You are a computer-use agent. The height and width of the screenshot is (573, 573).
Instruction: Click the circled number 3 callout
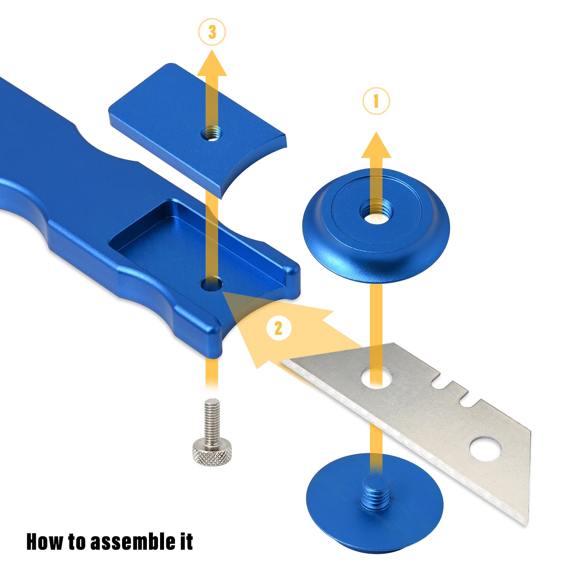tap(212, 32)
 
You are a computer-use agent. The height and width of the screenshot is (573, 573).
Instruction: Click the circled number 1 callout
tap(376, 101)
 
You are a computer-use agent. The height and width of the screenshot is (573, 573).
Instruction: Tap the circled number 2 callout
tap(278, 328)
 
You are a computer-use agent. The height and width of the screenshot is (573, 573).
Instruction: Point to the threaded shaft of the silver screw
tap(211, 421)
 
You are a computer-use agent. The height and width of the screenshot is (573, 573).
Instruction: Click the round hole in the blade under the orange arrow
tap(376, 377)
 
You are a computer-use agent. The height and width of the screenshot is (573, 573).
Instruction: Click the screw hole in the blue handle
tap(212, 285)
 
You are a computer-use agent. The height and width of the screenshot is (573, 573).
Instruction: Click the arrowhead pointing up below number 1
tap(376, 145)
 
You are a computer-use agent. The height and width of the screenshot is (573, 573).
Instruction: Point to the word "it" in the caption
tap(186, 541)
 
